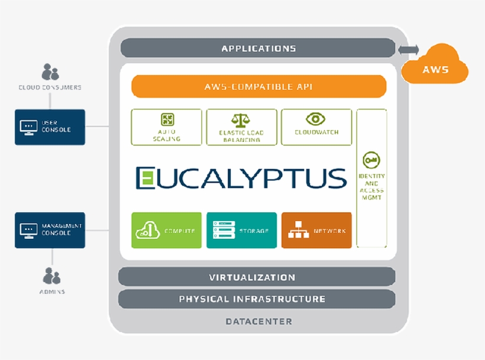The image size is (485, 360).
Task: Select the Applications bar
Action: point(258,48)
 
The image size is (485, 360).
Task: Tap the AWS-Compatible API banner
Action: point(258,86)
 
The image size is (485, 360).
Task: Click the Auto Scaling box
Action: point(167,127)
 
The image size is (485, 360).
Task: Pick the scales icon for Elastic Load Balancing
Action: point(241,120)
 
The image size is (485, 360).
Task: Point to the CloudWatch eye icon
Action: point(316,119)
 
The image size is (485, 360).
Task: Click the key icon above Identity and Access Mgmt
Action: point(371,160)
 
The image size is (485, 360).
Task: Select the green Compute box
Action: point(167,230)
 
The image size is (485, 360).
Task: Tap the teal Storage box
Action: point(241,230)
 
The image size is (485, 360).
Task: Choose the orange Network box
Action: point(316,230)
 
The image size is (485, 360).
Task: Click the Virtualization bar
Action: point(257,277)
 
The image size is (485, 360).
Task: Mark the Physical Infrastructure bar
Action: point(257,299)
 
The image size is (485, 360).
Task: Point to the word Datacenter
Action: point(258,322)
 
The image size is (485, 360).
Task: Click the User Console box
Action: point(50,127)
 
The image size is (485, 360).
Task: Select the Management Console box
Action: point(50,230)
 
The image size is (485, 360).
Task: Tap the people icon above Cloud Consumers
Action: point(50,73)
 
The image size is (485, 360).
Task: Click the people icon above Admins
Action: point(52,275)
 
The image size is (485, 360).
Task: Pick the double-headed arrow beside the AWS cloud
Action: point(408,50)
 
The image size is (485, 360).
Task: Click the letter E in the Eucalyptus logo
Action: point(146,178)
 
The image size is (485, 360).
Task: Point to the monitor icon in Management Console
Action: point(28,230)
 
